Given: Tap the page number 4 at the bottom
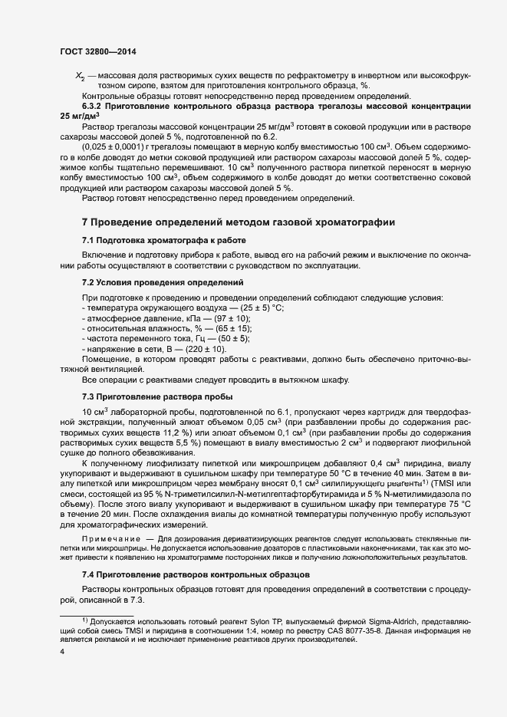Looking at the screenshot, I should point(62,652).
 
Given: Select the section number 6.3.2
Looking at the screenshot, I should point(94,106).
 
